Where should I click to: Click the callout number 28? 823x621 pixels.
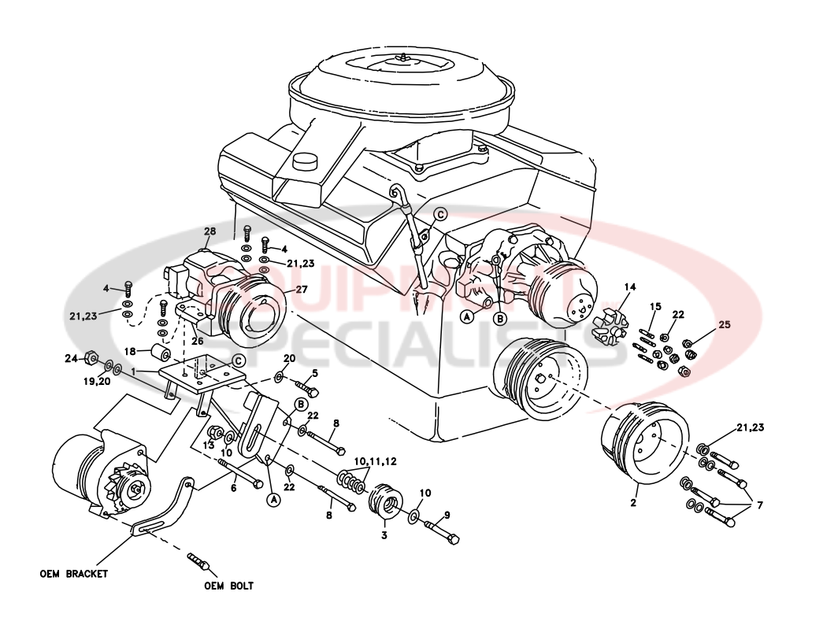pyautogui.click(x=209, y=231)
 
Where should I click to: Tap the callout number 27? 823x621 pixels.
pyautogui.click(x=302, y=289)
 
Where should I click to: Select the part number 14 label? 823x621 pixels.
pyautogui.click(x=629, y=286)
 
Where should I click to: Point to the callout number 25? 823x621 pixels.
pyautogui.click(x=725, y=324)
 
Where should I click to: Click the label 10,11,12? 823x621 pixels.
pyautogui.click(x=375, y=460)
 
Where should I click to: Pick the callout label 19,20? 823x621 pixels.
pyautogui.click(x=95, y=381)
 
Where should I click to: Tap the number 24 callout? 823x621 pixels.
pyautogui.click(x=71, y=359)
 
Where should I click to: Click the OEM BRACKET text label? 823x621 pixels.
pyautogui.click(x=73, y=574)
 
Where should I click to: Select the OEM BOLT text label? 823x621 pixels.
pyautogui.click(x=228, y=586)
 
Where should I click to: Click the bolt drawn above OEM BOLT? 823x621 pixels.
pyautogui.click(x=197, y=561)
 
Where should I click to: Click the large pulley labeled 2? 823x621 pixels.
pyautogui.click(x=644, y=445)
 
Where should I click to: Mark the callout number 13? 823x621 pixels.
pyautogui.click(x=208, y=445)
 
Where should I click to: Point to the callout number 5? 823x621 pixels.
pyautogui.click(x=314, y=373)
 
